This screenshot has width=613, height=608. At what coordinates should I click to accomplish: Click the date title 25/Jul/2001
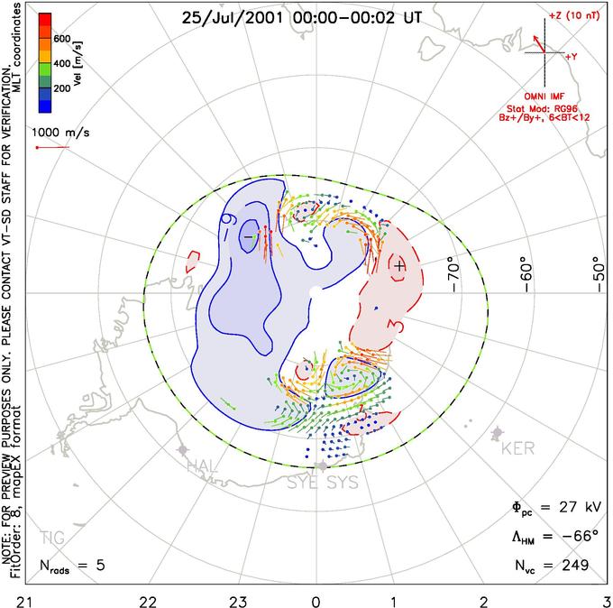pyautogui.click(x=230, y=17)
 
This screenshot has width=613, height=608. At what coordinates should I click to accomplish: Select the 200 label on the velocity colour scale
pyautogui.click(x=60, y=89)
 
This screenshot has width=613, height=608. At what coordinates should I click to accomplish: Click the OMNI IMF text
pyautogui.click(x=549, y=96)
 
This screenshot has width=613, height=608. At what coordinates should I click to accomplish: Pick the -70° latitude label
pyautogui.click(x=453, y=270)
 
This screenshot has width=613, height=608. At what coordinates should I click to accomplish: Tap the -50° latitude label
pyautogui.click(x=597, y=270)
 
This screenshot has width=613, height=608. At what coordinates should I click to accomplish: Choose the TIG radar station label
pyautogui.click(x=52, y=538)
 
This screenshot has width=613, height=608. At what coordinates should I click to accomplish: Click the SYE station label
pyautogui.click(x=303, y=484)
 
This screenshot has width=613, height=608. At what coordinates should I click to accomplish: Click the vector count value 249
pyautogui.click(x=573, y=565)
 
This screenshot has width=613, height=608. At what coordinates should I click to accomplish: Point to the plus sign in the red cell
pyautogui.click(x=399, y=265)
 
